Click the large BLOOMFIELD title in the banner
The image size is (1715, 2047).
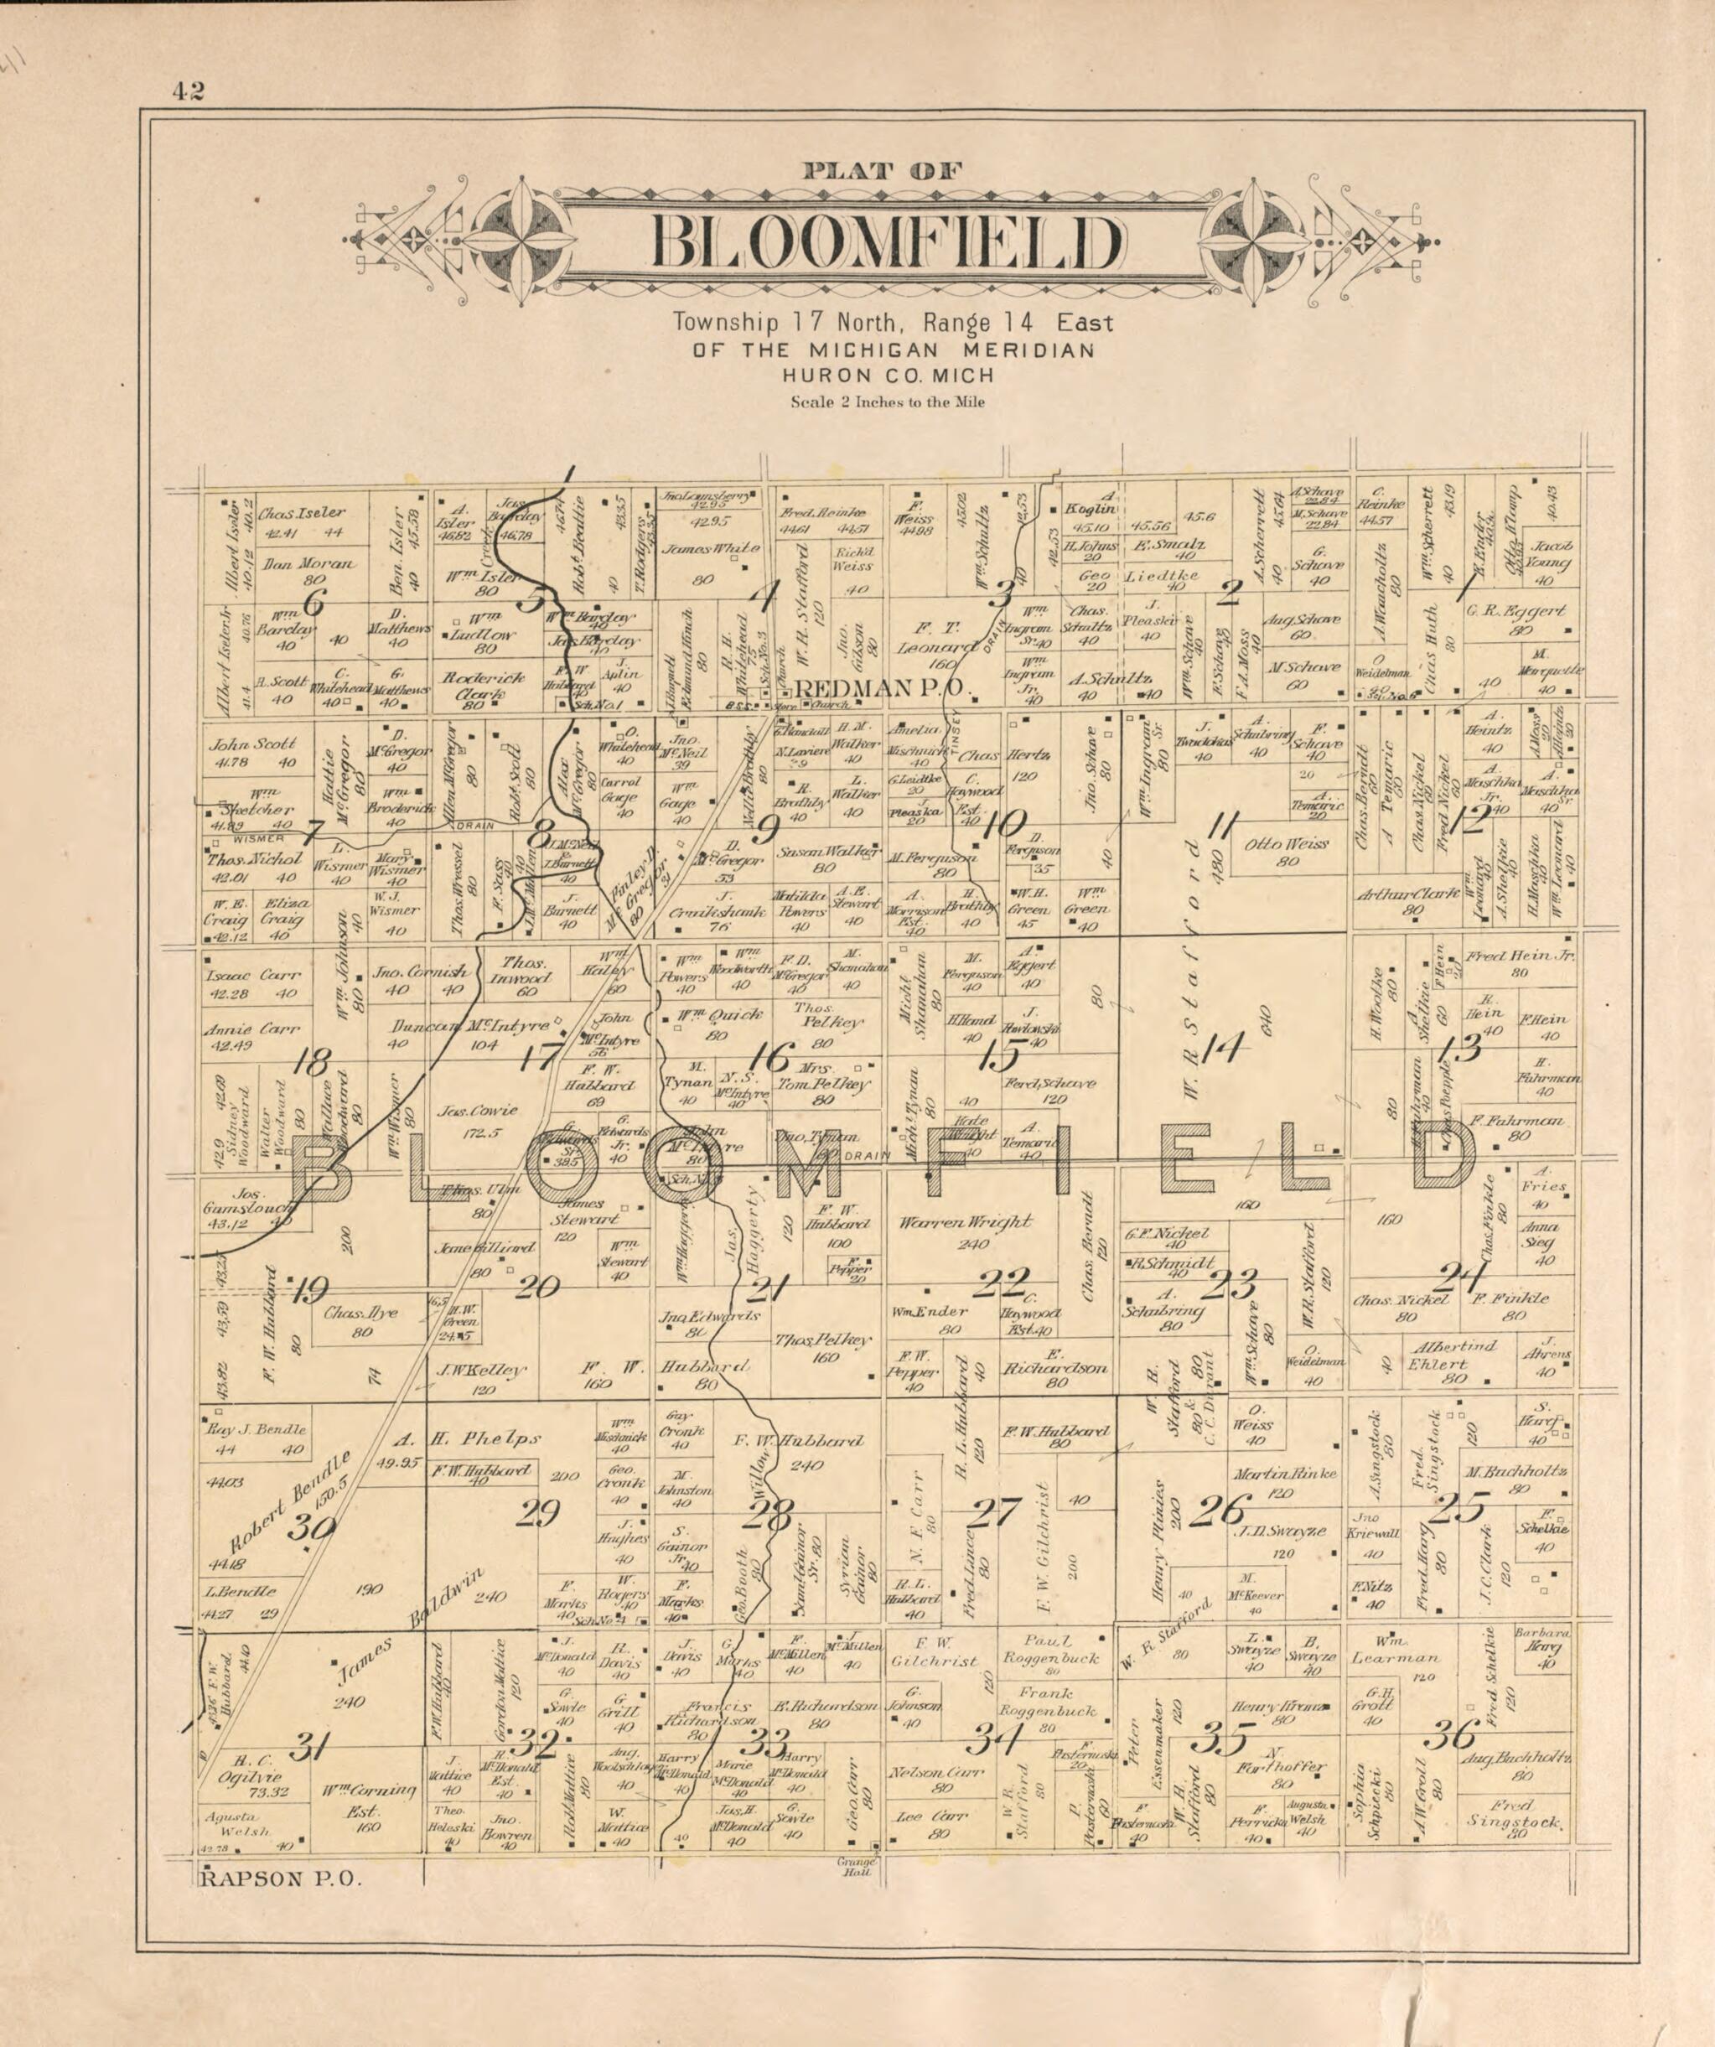(886, 243)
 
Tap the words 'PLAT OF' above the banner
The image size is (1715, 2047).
(883, 172)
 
